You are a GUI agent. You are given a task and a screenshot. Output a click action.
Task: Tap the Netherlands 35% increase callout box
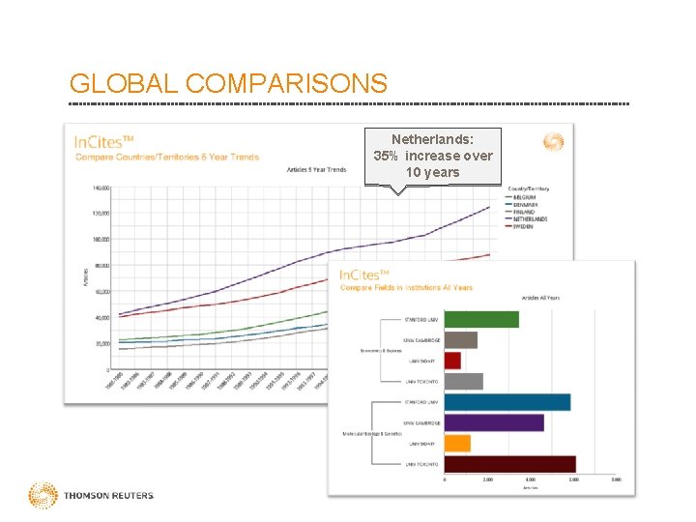[433, 156]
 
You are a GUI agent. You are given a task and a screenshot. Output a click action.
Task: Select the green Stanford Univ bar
[481, 319]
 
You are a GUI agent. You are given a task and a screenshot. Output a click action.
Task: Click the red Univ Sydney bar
[452, 361]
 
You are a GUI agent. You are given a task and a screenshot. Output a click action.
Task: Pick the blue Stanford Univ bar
[507, 402]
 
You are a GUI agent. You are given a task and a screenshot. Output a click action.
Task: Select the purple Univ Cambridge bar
[494, 422]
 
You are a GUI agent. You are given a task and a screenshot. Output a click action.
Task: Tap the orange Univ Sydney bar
[457, 444]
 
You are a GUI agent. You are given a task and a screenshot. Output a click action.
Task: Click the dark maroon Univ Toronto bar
[510, 465]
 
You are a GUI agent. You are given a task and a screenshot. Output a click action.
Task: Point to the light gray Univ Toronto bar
[463, 381]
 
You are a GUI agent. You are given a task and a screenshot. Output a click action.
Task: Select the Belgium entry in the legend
[527, 197]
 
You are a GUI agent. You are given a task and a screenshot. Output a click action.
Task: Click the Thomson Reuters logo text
[108, 496]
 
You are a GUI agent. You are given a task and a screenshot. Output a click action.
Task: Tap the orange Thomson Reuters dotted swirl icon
[43, 496]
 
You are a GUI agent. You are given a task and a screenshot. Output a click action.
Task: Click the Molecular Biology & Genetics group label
[372, 434]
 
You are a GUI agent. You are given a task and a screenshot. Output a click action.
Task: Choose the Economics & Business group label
[380, 350]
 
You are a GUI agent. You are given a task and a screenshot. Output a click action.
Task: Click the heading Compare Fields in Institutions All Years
[406, 287]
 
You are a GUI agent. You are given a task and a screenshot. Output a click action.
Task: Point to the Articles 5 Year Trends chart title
[316, 169]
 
